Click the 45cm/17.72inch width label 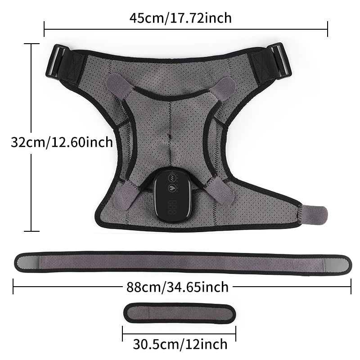click(180, 18)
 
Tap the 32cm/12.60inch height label click(62, 142)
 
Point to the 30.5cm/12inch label click(180, 344)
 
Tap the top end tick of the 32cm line click(31, 44)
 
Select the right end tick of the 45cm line click(328, 30)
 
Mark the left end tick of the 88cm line click(13, 286)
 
